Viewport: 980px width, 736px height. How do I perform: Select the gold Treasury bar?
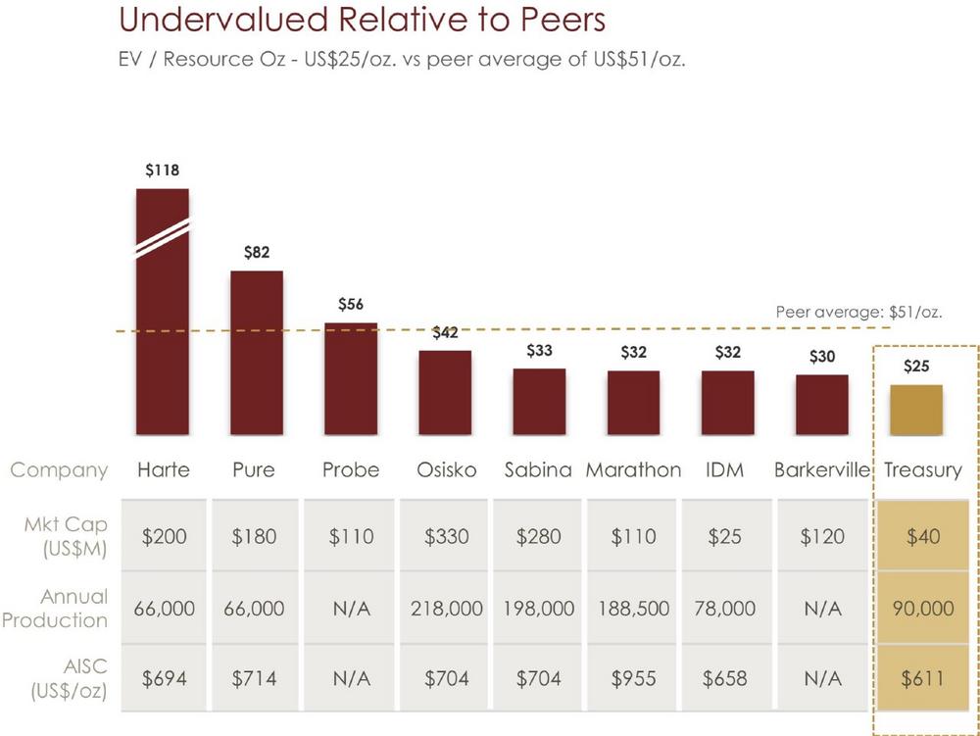click(916, 411)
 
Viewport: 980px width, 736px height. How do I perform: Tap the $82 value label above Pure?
click(257, 253)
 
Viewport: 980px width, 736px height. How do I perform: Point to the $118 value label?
click(163, 171)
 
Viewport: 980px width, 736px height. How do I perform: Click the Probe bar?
click(351, 379)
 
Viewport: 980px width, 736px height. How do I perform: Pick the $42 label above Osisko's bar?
click(445, 332)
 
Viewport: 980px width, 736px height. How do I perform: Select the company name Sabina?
click(538, 470)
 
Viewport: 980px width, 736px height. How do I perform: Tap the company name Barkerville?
click(822, 470)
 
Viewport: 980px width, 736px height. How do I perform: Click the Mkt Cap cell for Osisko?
click(446, 537)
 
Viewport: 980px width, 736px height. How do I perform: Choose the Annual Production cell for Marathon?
click(633, 609)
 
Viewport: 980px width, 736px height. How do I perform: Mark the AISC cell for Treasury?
click(923, 678)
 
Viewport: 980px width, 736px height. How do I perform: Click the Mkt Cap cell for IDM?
click(727, 537)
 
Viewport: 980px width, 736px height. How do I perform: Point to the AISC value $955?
click(633, 678)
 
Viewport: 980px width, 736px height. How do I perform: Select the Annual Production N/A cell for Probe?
click(351, 609)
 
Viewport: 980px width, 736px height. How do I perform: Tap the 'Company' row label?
click(59, 470)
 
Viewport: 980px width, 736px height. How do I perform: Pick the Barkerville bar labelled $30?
click(821, 405)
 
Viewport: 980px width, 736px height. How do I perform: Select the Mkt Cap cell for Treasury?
click(923, 537)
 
